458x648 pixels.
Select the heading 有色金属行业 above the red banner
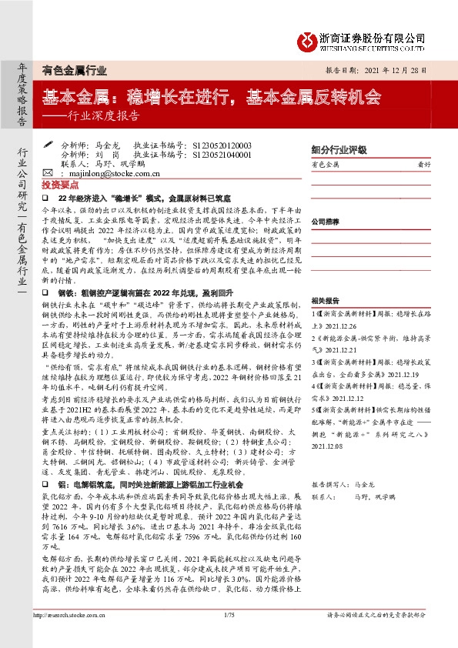(x=75, y=69)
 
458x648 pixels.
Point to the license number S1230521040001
(x=223, y=155)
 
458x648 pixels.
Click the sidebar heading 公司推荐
(x=326, y=221)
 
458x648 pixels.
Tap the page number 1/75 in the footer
(x=229, y=636)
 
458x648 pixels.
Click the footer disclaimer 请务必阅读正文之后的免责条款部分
(x=386, y=636)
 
